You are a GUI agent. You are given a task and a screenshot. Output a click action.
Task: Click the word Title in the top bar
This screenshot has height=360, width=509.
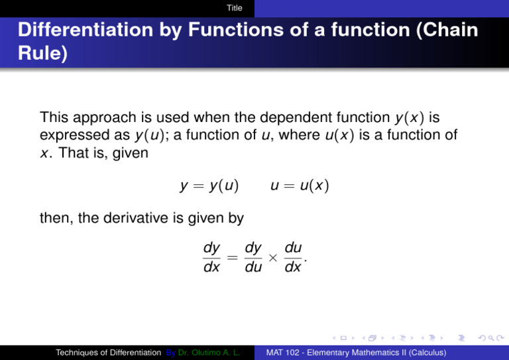pos(234,8)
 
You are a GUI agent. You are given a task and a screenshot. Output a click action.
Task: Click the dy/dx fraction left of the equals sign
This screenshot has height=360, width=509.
pos(212,258)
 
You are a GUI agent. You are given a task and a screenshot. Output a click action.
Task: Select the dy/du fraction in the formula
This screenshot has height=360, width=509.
pos(253,258)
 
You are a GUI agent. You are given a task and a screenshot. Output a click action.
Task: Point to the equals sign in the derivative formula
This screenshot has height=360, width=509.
pos(233,258)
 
